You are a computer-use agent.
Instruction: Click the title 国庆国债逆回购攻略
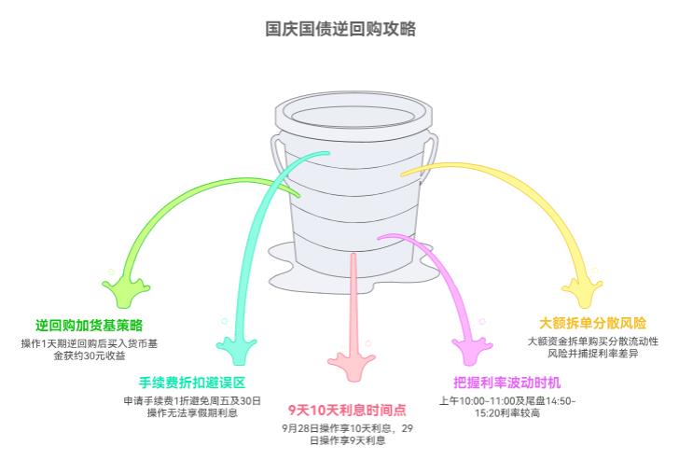pos(339,29)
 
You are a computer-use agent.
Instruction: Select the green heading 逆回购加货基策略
pos(90,326)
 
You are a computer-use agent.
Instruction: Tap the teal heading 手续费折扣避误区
pos(192,383)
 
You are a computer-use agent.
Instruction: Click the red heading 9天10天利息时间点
pos(346,410)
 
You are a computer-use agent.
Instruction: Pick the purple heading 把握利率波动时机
pos(506,383)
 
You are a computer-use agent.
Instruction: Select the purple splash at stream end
pos(471,351)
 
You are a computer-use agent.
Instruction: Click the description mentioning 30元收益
pos(90,349)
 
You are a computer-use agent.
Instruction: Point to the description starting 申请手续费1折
pos(192,406)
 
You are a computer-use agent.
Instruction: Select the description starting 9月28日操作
pos(346,434)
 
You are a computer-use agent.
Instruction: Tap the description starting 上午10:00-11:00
pos(506,406)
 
